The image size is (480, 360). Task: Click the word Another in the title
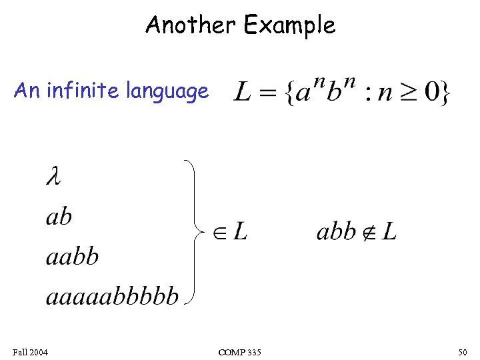(191, 25)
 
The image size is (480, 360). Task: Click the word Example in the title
(289, 26)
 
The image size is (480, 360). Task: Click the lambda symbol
(53, 177)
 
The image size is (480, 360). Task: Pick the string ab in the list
(59, 216)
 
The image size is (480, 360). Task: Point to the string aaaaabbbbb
(112, 295)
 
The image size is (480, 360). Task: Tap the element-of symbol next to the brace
(221, 232)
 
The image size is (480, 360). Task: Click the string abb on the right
(335, 232)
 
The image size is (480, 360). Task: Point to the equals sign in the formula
(267, 93)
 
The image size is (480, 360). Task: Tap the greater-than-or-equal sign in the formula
(411, 93)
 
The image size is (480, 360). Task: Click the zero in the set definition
(433, 92)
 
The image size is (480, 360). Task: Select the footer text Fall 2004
(29, 351)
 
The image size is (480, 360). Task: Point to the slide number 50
(463, 351)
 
